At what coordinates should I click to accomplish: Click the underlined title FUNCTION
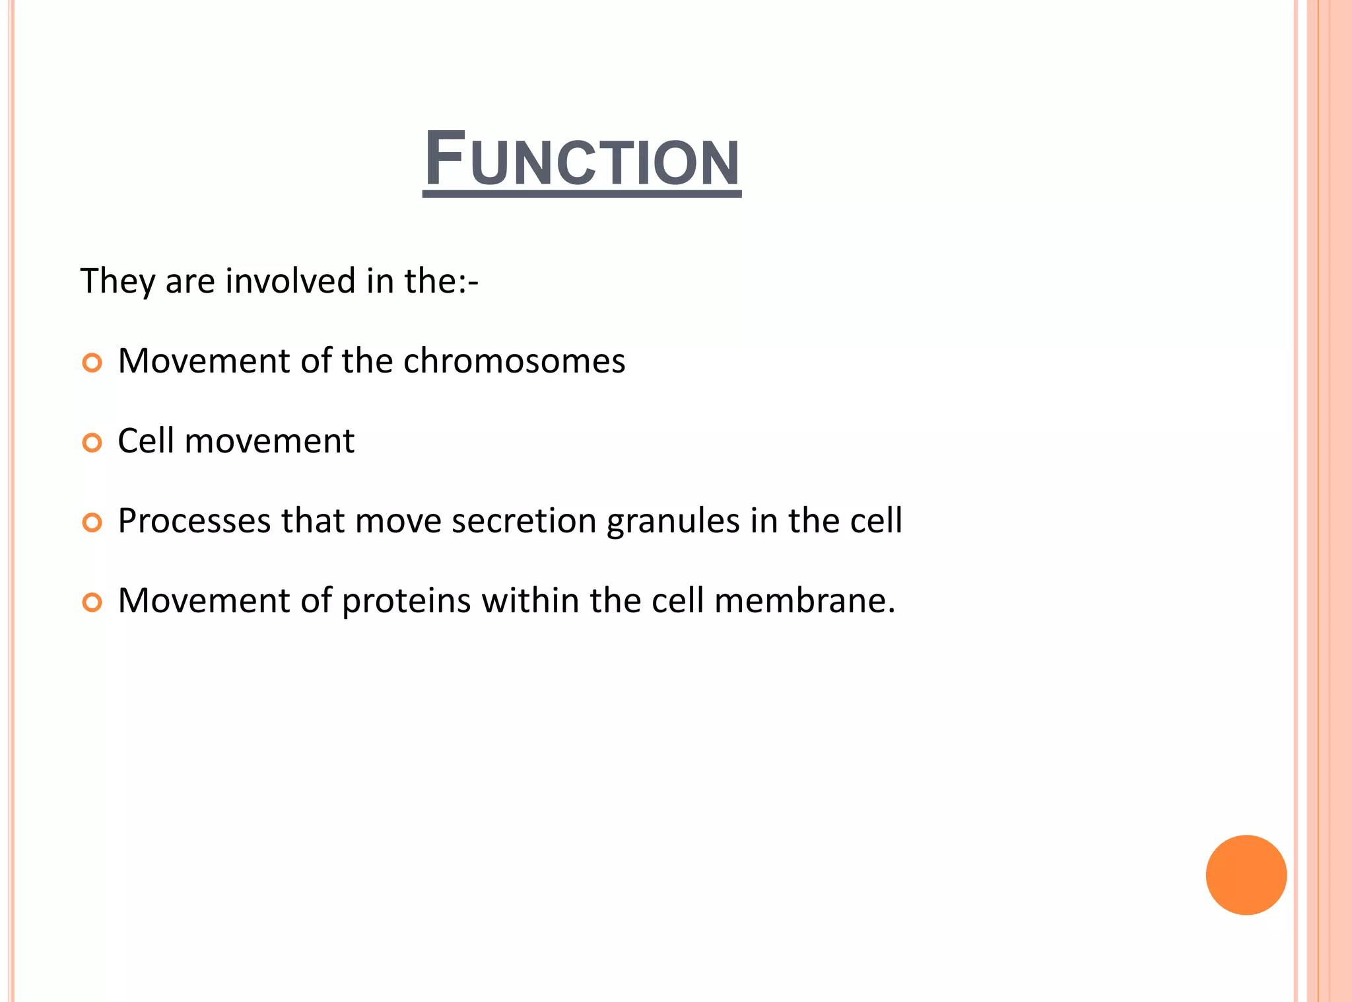(x=582, y=161)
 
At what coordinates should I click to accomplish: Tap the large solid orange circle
(x=1246, y=875)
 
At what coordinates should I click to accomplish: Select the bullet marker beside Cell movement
(x=92, y=443)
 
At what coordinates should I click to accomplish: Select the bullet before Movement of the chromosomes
(x=92, y=363)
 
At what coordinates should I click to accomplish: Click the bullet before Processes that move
(x=92, y=522)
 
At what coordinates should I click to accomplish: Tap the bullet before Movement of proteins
(x=92, y=602)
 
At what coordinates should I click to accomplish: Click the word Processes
(x=194, y=521)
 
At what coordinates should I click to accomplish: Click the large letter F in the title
(x=444, y=159)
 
